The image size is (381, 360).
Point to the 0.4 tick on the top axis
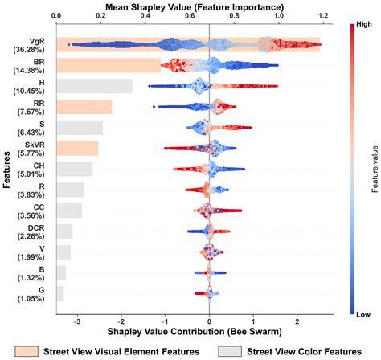144,15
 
